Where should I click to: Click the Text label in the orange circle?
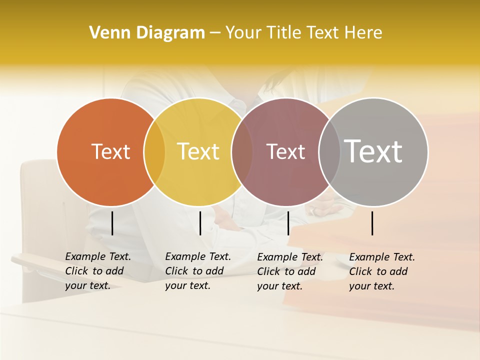point(110,151)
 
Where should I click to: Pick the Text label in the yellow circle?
point(198,151)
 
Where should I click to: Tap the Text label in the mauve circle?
point(285,151)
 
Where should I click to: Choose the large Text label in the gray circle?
point(373,151)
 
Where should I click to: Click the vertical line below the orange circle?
point(112,223)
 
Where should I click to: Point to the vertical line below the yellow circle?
point(200,223)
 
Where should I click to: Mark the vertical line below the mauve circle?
point(288,223)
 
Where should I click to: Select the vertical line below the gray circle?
point(372,223)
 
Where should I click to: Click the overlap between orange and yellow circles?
point(154,152)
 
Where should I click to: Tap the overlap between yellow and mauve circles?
point(242,152)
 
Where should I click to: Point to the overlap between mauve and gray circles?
point(328,152)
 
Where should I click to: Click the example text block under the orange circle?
point(98,271)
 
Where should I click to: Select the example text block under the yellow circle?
point(198,271)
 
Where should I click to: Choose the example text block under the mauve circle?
point(290,271)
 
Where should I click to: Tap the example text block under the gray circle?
point(382,271)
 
